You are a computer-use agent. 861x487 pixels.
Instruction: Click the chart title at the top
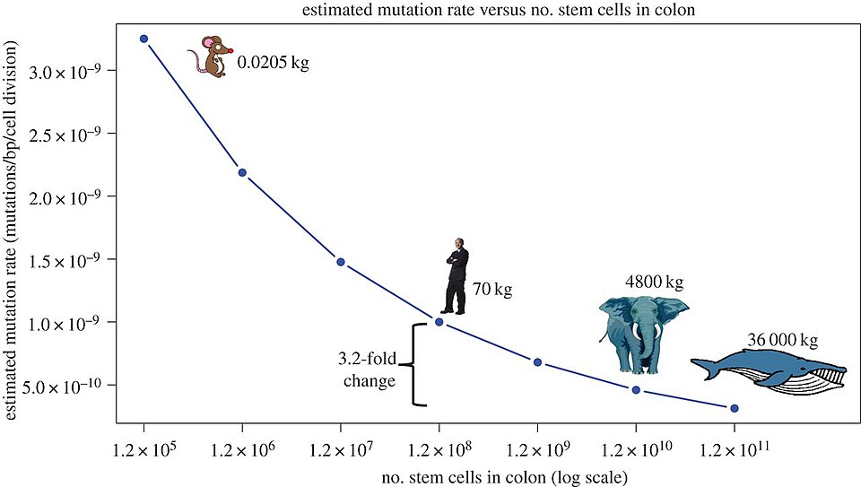pyautogui.click(x=430, y=11)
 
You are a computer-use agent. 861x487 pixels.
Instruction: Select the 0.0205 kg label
pyautogui.click(x=273, y=65)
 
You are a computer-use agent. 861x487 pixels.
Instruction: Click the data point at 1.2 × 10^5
pyautogui.click(x=143, y=39)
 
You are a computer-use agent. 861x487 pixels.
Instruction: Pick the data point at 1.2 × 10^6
pyautogui.click(x=242, y=172)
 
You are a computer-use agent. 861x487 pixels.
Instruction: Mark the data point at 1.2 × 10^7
pyautogui.click(x=341, y=262)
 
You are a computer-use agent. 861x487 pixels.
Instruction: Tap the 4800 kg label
pyautogui.click(x=655, y=283)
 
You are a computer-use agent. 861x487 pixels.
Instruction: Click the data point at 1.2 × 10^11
pyautogui.click(x=735, y=408)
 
